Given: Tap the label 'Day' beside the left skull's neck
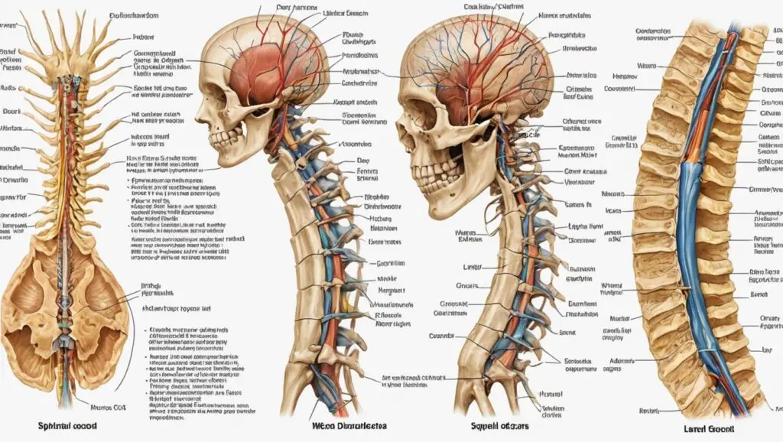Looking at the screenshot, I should pyautogui.click(x=362, y=161).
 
